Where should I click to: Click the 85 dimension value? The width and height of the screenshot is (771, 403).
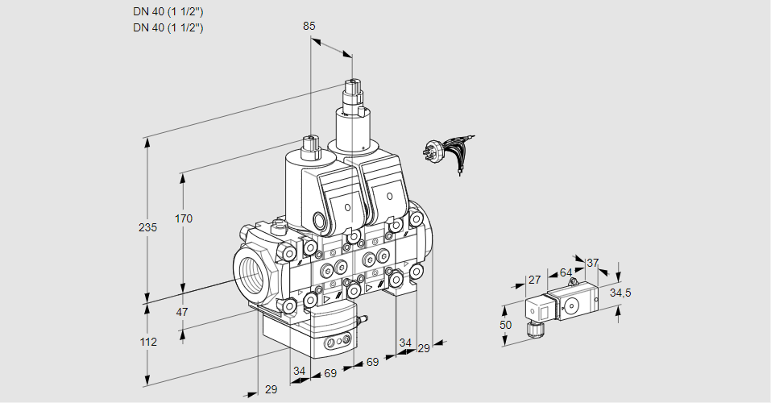(x=309, y=26)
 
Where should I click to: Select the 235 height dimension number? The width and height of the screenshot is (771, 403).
(x=147, y=227)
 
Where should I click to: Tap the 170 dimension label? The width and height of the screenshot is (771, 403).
(x=184, y=218)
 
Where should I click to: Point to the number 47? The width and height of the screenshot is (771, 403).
(x=182, y=312)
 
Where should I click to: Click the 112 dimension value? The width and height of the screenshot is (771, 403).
(x=147, y=342)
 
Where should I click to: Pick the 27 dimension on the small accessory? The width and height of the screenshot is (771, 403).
(x=533, y=280)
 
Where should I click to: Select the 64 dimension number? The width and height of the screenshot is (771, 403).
(x=566, y=272)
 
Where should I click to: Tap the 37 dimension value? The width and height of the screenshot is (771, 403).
(x=592, y=263)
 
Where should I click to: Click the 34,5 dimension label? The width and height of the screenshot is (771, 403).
(x=620, y=293)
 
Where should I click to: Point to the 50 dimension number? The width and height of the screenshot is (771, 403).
(x=505, y=325)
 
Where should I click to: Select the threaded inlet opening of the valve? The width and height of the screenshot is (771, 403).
(x=251, y=270)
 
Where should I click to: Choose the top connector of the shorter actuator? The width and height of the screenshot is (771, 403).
(x=311, y=145)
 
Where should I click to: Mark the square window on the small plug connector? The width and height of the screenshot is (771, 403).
(x=544, y=308)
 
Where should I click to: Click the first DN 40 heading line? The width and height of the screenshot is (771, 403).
(x=168, y=11)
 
